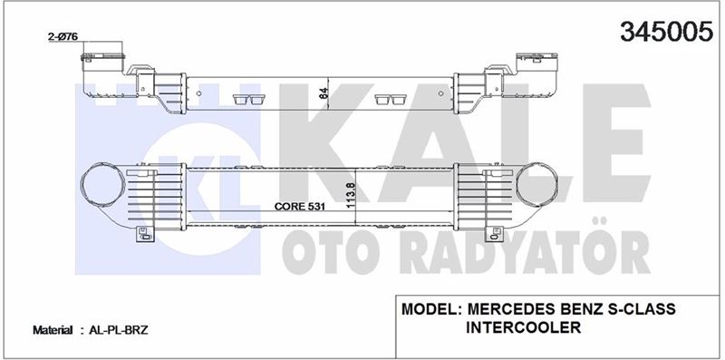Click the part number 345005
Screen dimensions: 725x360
(x=666, y=31)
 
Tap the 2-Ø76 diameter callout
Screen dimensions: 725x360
(x=63, y=37)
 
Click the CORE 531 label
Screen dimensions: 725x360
(x=297, y=207)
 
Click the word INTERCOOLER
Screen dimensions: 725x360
(x=523, y=327)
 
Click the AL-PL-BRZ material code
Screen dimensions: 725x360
(x=120, y=330)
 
